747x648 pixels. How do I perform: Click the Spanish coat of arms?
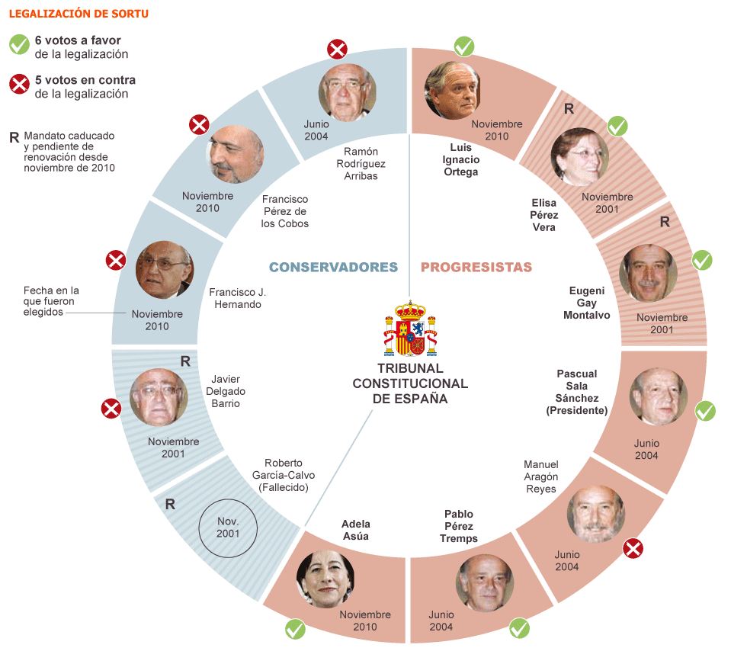coord(410,329)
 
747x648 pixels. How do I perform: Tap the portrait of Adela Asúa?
coord(325,579)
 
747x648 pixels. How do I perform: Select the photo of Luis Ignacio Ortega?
coord(454,91)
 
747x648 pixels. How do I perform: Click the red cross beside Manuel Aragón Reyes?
coord(632,547)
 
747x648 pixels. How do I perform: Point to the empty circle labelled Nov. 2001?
coord(228,528)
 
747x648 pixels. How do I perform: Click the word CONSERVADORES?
coord(333,267)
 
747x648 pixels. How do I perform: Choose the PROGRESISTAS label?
coord(476,267)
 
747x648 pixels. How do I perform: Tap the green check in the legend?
coord(19,45)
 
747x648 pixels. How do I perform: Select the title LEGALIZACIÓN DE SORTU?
coord(79,14)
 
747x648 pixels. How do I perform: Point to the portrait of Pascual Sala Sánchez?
coord(658,396)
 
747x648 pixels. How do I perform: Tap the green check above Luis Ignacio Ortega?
coord(464,47)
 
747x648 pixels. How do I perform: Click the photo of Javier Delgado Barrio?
coord(159,397)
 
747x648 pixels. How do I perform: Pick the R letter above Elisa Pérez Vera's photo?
coord(569,109)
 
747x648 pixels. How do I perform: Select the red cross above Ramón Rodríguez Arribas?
coord(337,50)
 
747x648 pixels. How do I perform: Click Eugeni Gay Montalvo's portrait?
coord(648,273)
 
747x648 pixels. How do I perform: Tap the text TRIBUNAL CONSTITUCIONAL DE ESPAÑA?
coord(410,383)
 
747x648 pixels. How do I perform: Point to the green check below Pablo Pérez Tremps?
coord(520,628)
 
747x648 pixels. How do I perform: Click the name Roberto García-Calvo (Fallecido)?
coord(284,475)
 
